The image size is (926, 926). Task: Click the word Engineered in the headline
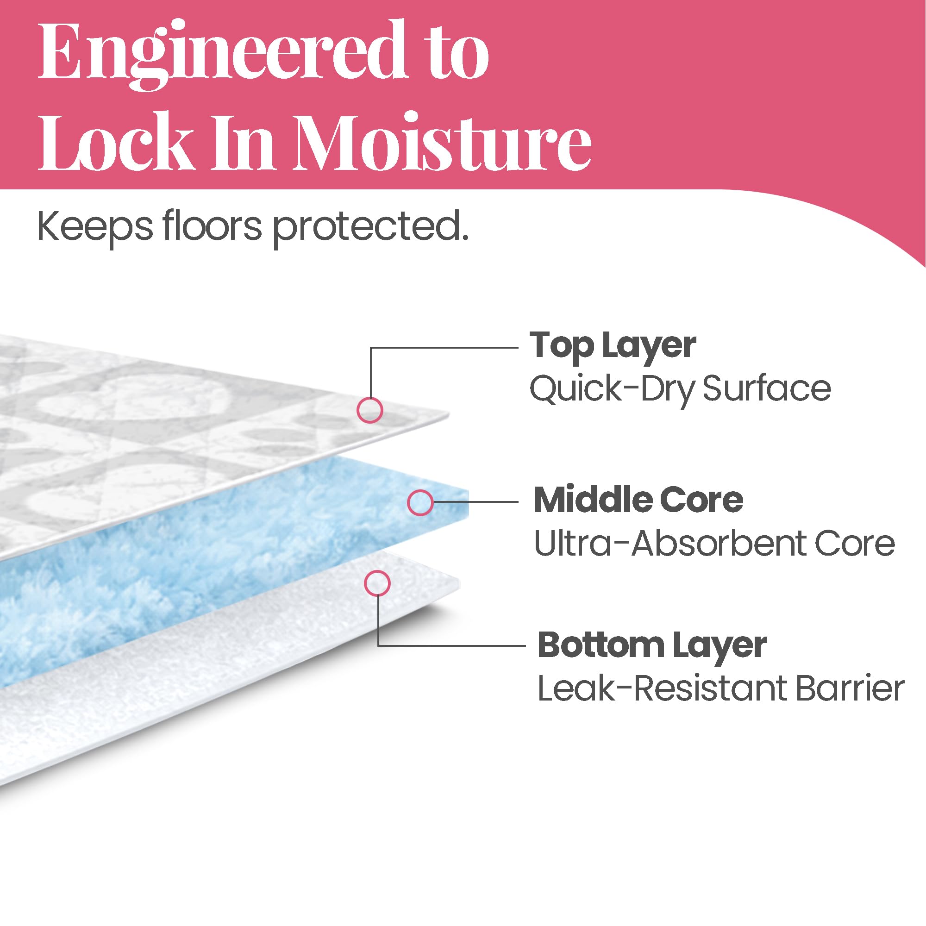[224, 53]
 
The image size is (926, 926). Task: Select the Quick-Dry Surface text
[680, 389]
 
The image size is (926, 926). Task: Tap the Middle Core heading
[638, 501]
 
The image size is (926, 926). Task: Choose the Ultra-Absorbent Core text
[714, 544]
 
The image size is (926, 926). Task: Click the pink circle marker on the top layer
[370, 410]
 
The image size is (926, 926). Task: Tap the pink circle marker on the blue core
[420, 503]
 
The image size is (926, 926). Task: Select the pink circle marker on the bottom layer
[377, 583]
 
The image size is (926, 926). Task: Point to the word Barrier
[850, 689]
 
